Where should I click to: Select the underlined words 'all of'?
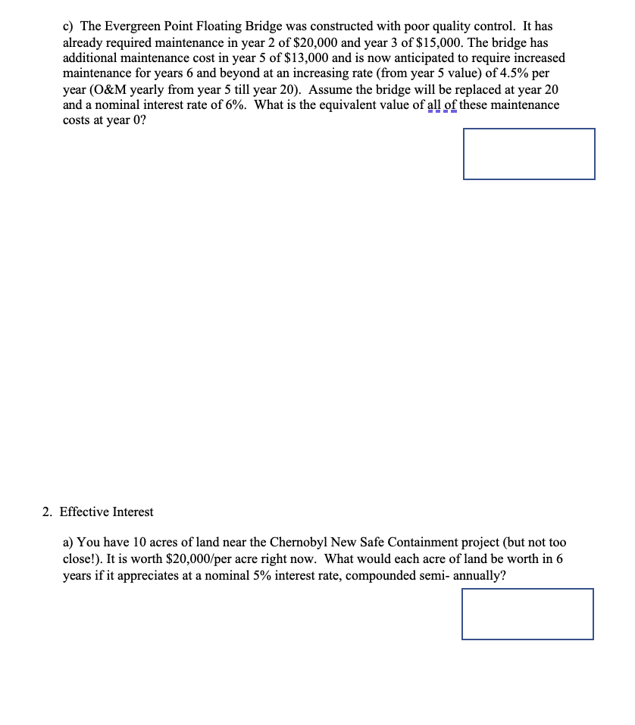click(440, 104)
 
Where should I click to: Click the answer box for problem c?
click(529, 154)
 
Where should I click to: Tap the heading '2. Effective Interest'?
click(98, 512)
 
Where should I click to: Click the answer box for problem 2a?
click(527, 614)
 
